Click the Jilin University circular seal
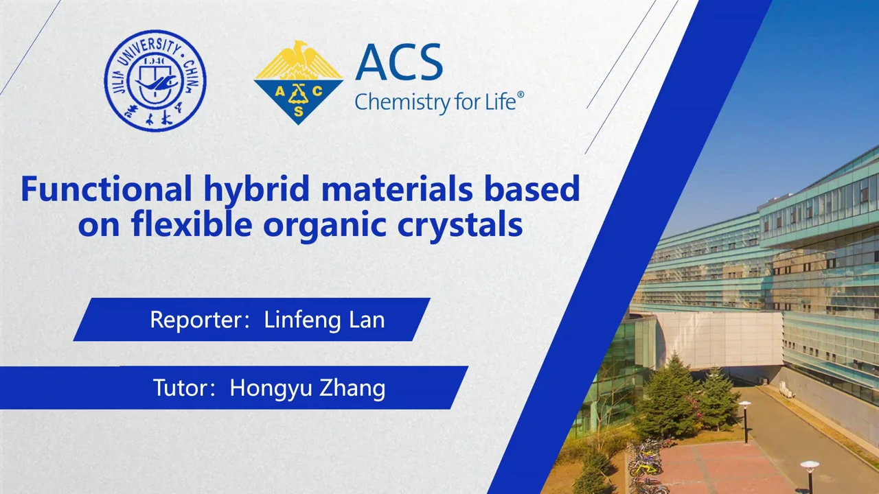(x=155, y=81)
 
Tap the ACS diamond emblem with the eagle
(x=298, y=82)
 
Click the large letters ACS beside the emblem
(x=399, y=62)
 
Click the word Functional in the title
(x=106, y=189)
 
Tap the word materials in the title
(x=397, y=189)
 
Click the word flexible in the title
(x=192, y=224)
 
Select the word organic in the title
(x=326, y=226)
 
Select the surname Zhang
(x=352, y=388)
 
